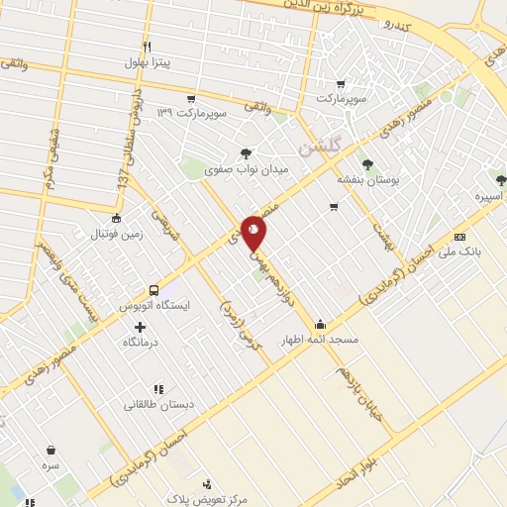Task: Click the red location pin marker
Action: (254, 232)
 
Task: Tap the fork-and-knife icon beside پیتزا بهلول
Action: (147, 47)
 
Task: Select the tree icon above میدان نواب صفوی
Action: (246, 152)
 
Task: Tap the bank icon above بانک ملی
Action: (459, 237)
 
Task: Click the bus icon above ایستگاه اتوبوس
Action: (153, 290)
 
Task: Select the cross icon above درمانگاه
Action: (140, 327)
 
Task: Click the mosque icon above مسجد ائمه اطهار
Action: (321, 324)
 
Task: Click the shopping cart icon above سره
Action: (48, 450)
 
